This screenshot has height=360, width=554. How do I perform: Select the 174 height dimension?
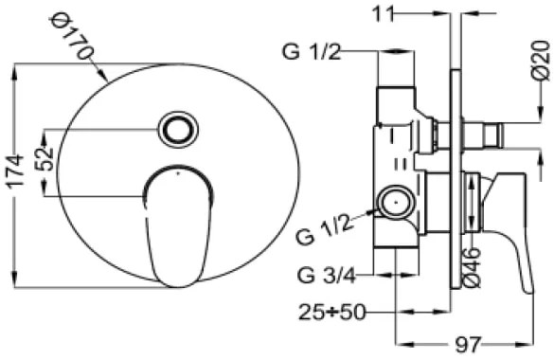(x=15, y=171)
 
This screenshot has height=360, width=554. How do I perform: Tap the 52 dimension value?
(x=46, y=159)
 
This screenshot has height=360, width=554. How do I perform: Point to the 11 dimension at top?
(x=383, y=14)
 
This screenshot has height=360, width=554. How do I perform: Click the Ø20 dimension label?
(x=542, y=62)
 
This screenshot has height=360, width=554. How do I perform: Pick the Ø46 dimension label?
(x=472, y=267)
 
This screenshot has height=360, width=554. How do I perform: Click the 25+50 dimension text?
(x=331, y=313)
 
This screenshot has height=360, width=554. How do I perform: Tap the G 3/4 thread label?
(x=327, y=276)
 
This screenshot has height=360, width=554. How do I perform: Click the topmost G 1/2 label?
(x=312, y=52)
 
